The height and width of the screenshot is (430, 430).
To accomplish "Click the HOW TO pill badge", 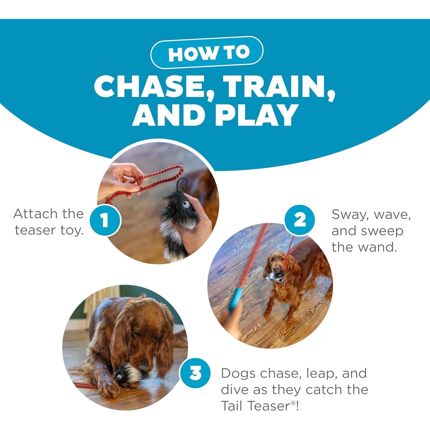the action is pyautogui.click(x=207, y=52).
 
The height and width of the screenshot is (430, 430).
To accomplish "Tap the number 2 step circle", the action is pyautogui.click(x=300, y=220).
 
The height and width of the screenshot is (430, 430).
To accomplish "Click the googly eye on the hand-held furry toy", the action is pyautogui.click(x=185, y=205).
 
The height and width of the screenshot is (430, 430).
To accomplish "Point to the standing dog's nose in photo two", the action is pyautogui.click(x=277, y=269).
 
